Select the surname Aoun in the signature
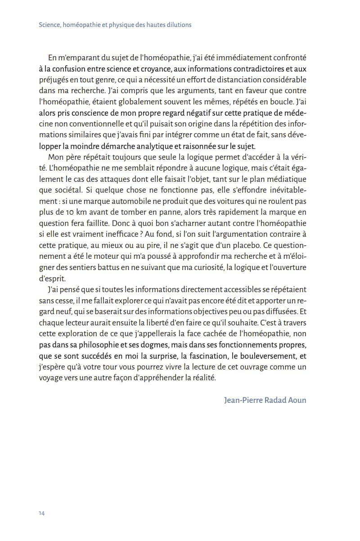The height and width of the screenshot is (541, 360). [295, 400]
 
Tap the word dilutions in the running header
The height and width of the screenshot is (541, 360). [176, 25]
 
